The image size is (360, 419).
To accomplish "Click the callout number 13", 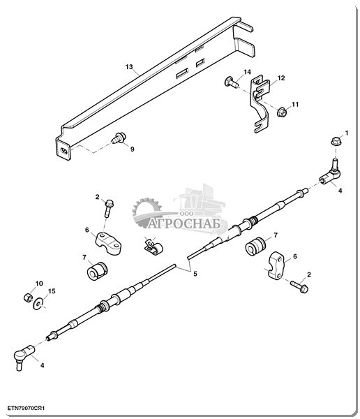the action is point(129,67).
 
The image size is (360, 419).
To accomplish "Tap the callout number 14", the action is point(247,72).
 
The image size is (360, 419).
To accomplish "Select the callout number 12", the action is point(281,78).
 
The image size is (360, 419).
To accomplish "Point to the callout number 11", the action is point(295,104).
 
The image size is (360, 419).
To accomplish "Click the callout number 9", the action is point(132,149).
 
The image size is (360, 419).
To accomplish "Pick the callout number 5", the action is point(195,274).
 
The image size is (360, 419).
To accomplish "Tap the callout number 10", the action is point(39,284).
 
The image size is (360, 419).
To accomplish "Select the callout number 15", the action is point(52,291).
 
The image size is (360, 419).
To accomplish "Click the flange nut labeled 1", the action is point(335,141).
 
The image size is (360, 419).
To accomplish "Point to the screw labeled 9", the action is point(119,138).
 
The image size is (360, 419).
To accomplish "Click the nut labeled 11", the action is point(282,112).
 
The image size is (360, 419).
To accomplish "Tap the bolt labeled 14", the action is point(231,82).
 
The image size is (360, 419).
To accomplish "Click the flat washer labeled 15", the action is point(38,304).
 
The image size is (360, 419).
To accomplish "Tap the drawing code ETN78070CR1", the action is point(27,409).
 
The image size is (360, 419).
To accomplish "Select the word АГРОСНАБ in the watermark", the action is point(184,223).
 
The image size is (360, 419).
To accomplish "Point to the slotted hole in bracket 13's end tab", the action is point(63,151).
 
